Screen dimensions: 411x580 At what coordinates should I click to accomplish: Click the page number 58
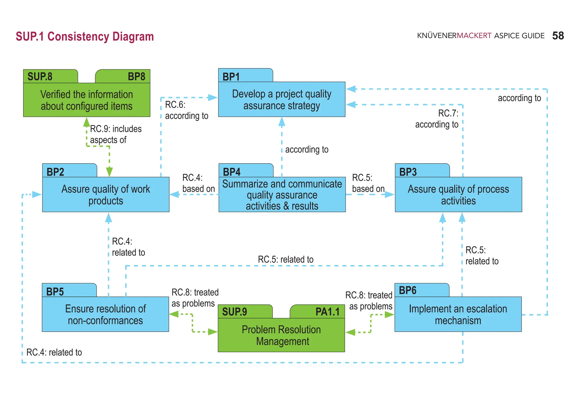558,36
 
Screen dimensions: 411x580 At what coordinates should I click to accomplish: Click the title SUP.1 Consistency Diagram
85,37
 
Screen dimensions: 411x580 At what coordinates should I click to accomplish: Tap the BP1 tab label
231,77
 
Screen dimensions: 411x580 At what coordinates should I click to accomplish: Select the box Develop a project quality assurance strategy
282,100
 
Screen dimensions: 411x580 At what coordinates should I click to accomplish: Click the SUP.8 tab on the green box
40,77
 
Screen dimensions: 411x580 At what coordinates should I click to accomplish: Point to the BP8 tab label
136,77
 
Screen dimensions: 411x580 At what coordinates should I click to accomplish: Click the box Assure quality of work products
106,195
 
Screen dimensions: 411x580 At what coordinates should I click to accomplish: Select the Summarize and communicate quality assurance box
282,195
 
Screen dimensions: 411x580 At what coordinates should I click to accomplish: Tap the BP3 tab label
408,172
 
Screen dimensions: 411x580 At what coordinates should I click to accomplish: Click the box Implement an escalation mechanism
458,314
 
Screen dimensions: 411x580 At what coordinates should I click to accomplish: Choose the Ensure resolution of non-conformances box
105,314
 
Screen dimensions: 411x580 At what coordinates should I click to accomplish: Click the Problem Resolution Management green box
281,335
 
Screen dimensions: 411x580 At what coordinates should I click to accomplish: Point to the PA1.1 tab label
327,312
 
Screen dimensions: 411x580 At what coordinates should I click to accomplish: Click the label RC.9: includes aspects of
116,134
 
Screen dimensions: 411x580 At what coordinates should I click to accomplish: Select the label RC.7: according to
437,119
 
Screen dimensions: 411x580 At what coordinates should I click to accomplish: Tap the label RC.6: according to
186,110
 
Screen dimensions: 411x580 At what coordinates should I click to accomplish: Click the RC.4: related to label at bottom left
54,352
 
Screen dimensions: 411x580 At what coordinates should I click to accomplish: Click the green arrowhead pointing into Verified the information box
87,122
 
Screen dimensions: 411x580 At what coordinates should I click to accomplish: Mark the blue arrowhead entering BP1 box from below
282,122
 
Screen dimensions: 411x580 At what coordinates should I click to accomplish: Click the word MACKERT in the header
474,36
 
